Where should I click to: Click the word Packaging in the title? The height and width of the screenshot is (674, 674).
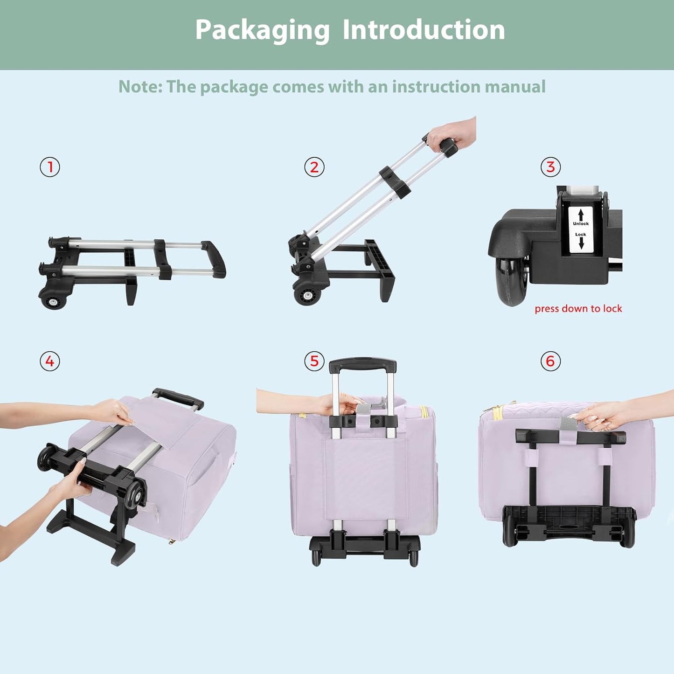pos(262,30)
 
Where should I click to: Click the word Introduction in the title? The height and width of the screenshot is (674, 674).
pos(424,30)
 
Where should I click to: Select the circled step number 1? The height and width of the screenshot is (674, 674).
pos(50,167)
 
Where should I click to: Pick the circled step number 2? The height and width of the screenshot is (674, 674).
pos(314,167)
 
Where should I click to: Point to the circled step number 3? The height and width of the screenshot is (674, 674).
pos(550,167)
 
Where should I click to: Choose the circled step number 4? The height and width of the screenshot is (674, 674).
pos(50,361)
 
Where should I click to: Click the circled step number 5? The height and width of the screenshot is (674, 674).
pos(314,361)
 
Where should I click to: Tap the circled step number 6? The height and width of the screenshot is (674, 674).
pos(550,361)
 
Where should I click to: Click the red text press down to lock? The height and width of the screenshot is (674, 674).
pos(578,309)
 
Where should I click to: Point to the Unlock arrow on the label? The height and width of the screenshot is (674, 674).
pos(581,215)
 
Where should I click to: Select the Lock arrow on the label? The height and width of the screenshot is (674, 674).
pos(581,243)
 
